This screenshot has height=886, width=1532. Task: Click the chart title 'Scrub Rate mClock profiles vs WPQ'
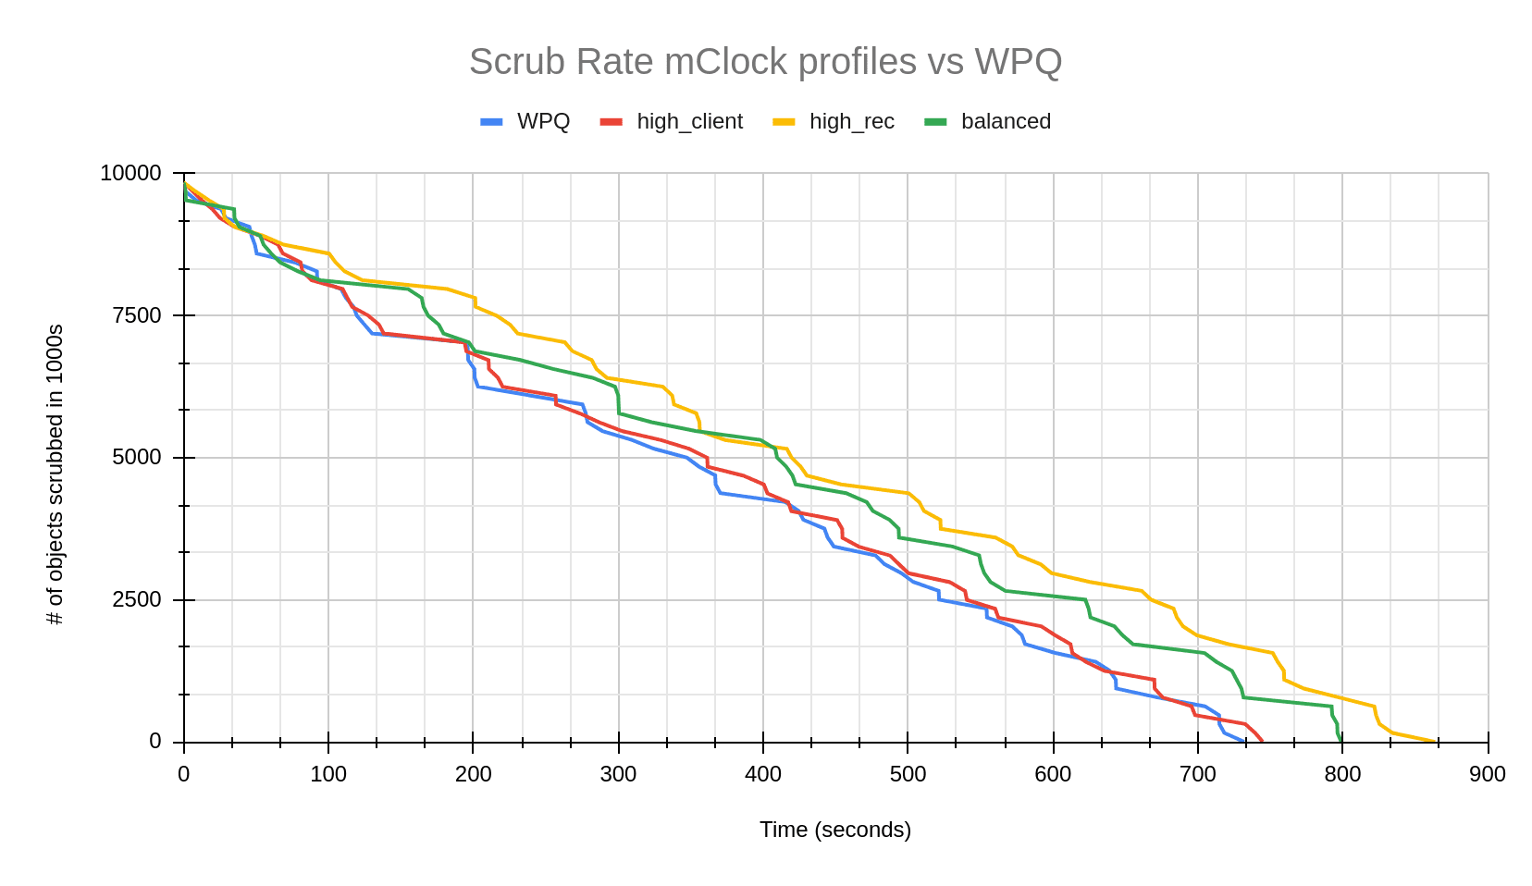765,62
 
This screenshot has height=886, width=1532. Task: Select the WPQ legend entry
543,121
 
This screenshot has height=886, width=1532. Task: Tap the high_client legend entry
689,121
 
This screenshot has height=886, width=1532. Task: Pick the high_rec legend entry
851,121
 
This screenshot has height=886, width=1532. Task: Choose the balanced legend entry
1006,121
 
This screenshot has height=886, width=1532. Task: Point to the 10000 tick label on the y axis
130,173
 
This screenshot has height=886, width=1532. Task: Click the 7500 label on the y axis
136,315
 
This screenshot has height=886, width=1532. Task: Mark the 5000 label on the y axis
136,458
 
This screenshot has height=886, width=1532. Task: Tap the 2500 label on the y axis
136,600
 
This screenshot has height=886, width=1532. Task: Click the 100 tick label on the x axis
328,775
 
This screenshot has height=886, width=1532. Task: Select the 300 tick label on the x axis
618,775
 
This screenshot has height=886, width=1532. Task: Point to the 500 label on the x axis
908,775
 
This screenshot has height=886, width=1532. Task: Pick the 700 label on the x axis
1198,775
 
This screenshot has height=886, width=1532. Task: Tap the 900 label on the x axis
1488,775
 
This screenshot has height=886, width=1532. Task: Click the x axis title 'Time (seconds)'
835,830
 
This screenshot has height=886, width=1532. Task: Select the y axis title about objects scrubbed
56,474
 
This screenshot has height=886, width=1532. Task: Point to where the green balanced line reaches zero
1341,741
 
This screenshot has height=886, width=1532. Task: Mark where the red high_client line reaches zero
1262,741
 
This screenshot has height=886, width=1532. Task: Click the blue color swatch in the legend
492,121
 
